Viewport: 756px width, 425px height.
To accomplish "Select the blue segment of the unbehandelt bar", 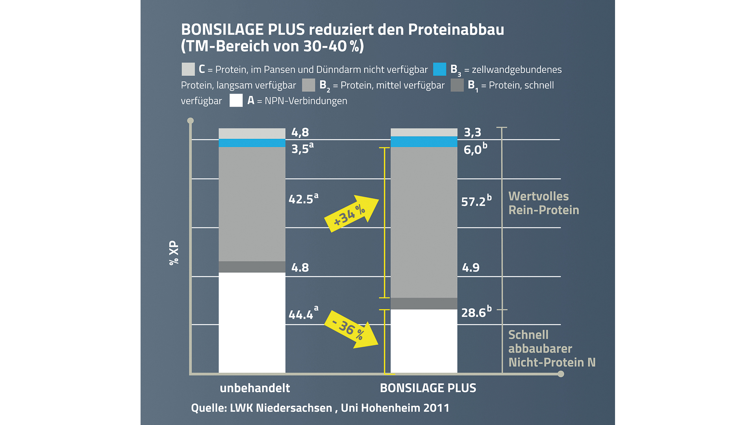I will coord(252,143).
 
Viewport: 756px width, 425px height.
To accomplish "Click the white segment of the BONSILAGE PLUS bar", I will coord(424,341).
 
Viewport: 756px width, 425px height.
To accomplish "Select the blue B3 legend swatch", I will coord(439,69).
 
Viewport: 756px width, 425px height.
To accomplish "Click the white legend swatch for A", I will coord(236,101).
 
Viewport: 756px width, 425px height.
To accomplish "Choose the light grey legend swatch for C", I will coord(188,69).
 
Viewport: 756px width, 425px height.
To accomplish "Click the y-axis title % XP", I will coord(174,253).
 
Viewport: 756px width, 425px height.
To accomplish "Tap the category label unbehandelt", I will coord(255,388).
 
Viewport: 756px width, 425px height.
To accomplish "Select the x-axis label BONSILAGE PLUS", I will coord(428,388).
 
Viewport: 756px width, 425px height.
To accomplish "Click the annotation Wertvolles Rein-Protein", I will coord(543,203).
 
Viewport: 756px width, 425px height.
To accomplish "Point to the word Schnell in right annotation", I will coord(528,335).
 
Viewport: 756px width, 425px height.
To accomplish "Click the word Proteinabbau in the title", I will coord(456,30).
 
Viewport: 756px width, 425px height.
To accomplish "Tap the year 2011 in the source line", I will coord(436,408).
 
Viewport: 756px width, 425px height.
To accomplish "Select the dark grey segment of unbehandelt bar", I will coord(252,267).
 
